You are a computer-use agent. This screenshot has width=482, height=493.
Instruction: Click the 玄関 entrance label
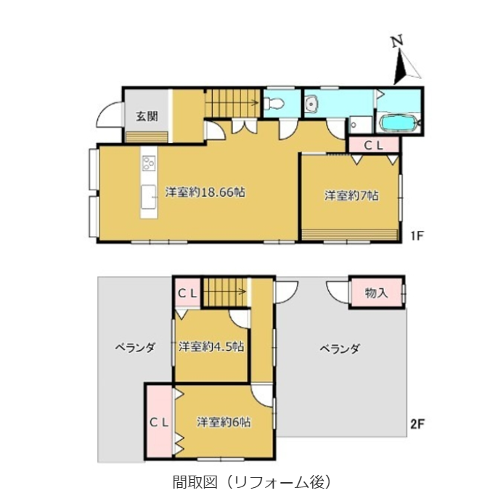(x=147, y=117)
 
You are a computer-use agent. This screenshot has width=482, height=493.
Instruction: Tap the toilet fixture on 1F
(x=274, y=103)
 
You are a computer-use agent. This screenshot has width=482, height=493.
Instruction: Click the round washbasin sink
(x=312, y=103)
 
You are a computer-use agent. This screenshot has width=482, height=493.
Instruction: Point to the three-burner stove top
(x=149, y=163)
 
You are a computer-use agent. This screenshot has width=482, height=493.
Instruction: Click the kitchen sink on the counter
(x=148, y=197)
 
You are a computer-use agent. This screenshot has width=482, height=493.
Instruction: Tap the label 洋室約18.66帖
(x=205, y=192)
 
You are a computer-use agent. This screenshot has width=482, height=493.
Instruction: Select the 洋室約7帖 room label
(x=351, y=195)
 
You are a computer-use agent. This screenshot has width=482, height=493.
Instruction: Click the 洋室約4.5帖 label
(x=211, y=346)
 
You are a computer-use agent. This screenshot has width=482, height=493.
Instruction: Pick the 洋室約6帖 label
(x=224, y=422)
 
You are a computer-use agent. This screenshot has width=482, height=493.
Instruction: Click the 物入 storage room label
(x=376, y=293)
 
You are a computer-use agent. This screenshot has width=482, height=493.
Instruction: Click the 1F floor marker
(x=417, y=235)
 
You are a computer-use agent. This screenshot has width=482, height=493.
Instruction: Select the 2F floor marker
(x=417, y=425)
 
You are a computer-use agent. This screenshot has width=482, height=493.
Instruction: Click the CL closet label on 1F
(x=373, y=145)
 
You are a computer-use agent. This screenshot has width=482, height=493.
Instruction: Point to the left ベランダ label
(x=134, y=348)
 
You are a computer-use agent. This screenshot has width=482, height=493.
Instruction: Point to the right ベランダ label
(x=340, y=349)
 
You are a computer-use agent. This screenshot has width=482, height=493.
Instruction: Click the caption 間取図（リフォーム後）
(x=252, y=481)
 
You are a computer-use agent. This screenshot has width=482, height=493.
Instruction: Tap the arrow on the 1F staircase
(x=233, y=102)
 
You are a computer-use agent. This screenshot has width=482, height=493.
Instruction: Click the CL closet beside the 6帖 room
(x=160, y=422)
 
